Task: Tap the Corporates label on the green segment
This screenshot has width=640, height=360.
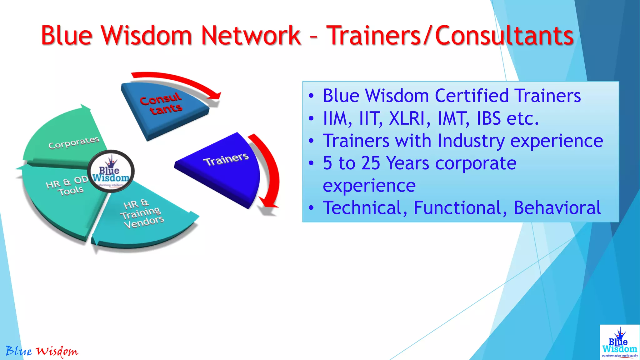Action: pyautogui.click(x=74, y=142)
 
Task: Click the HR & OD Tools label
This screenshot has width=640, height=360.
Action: pyautogui.click(x=67, y=186)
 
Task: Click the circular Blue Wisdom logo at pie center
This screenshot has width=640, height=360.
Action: pyautogui.click(x=111, y=172)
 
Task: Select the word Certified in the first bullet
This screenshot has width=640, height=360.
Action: pyautogui.click(x=472, y=96)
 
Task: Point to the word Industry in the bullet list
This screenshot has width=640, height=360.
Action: pyautogui.click(x=471, y=141)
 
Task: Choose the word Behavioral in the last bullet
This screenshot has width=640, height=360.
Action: pyautogui.click(x=557, y=208)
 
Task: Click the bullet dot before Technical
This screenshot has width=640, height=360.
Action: pyautogui.click(x=311, y=208)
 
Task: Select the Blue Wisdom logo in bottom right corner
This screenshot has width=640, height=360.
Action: pyautogui.click(x=619, y=342)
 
